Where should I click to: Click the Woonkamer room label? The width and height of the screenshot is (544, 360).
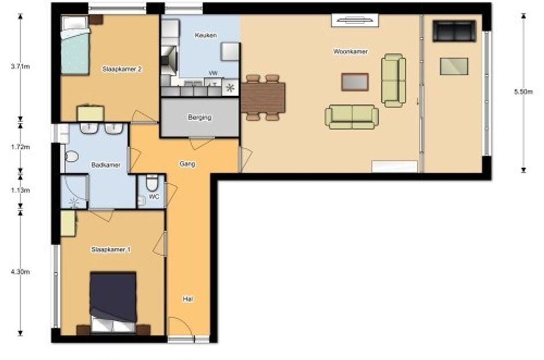point(351,52)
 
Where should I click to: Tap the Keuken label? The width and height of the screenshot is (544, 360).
point(206,35)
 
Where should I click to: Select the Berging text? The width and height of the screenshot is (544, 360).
point(200,118)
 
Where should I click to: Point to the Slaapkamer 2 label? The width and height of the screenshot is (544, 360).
point(122,69)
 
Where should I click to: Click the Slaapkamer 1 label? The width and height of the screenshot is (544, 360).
point(111,249)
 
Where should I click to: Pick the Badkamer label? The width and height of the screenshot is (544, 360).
point(106,165)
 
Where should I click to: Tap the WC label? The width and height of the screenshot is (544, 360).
point(154,196)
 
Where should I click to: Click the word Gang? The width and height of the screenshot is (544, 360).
point(187,164)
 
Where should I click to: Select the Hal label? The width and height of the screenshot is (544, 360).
point(188,298)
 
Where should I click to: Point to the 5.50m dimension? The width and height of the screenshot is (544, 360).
point(523,92)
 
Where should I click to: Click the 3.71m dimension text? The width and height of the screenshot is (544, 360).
point(20,66)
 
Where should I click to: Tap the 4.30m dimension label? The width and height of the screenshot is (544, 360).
point(20,272)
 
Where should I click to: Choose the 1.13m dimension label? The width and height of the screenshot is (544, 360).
point(20,190)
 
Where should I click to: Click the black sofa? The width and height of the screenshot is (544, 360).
point(454,31)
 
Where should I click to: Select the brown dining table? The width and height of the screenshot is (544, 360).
point(263,98)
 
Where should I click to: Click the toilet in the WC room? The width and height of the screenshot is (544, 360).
point(152,183)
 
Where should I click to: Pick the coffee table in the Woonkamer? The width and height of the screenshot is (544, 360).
point(355,82)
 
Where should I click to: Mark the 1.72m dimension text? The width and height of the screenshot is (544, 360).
point(20,147)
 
